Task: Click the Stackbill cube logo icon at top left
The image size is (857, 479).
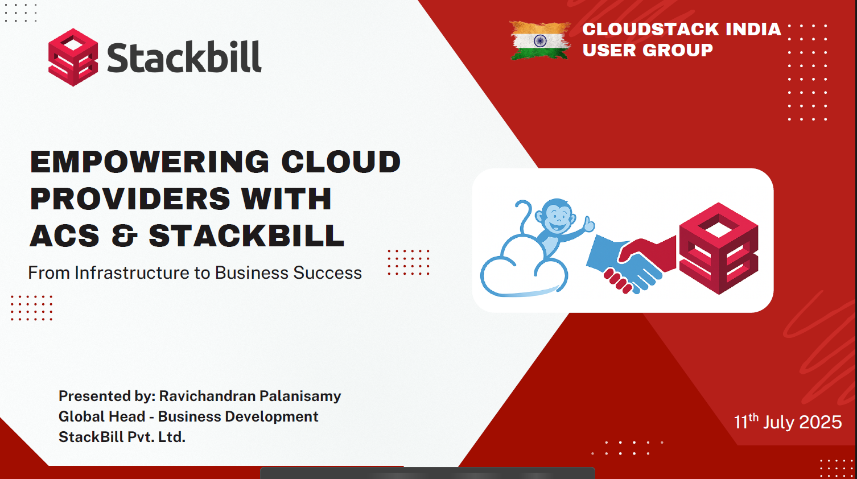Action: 73,57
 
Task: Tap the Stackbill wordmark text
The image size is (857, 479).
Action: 184,57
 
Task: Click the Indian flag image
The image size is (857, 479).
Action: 540,40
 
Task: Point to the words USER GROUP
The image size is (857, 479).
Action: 647,50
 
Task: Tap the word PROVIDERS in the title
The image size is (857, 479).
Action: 130,199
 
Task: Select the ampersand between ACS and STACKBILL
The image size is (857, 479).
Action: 124,236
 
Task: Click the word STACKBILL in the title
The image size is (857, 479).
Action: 246,236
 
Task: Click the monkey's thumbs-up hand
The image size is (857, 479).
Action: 588,225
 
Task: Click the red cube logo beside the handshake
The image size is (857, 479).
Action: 719,248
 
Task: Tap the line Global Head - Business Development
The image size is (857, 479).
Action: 188,416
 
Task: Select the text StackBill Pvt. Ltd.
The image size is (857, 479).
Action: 122,437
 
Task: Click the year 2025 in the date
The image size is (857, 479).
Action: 820,422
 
